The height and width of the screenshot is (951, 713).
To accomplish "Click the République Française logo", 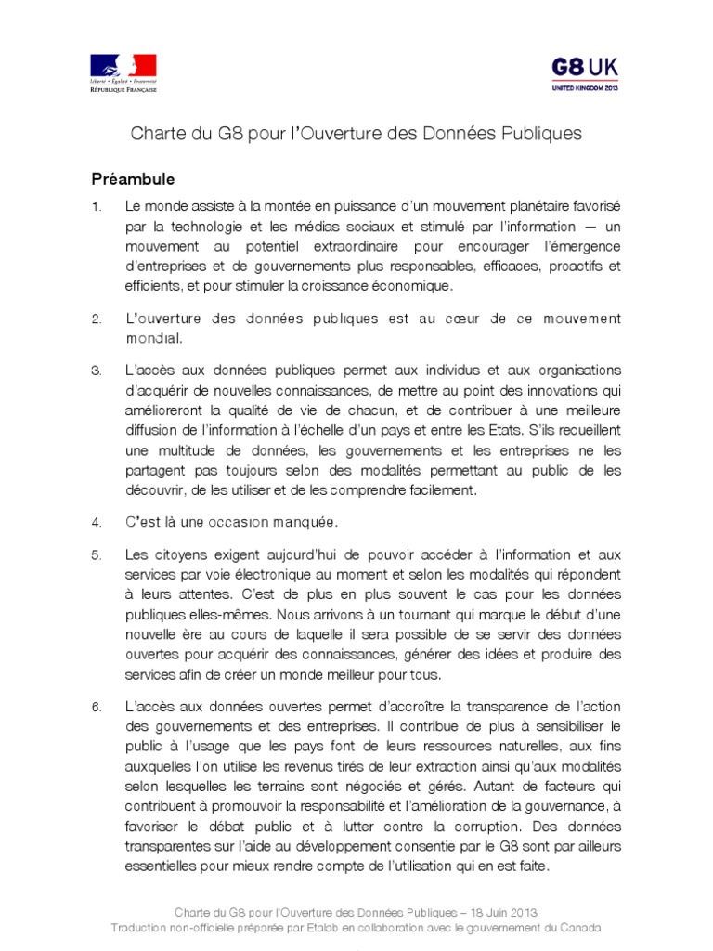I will tap(123, 73).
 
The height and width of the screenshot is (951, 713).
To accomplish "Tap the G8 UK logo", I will tap(585, 72).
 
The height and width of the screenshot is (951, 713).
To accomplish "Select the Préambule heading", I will tap(133, 178).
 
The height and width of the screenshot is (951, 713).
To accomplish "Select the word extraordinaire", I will tap(361, 245).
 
